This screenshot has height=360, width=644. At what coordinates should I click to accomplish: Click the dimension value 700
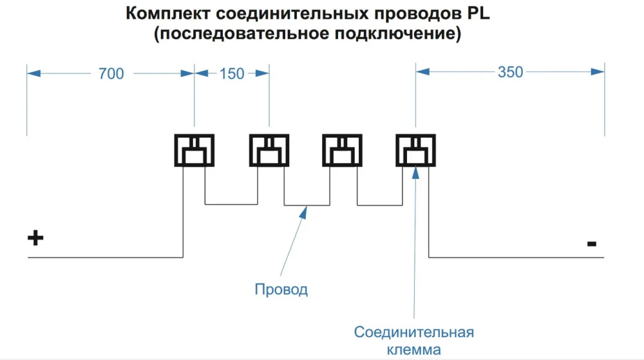click(x=111, y=73)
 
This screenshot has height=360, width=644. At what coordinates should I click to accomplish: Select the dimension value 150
click(x=232, y=73)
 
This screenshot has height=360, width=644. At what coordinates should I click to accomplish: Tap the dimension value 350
click(x=510, y=72)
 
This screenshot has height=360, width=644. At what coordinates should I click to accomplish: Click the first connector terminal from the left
click(x=194, y=150)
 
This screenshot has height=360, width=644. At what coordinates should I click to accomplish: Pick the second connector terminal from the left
click(x=269, y=150)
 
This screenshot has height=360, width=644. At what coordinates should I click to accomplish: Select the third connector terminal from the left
click(x=342, y=150)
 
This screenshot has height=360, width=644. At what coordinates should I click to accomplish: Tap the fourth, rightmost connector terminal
click(x=415, y=150)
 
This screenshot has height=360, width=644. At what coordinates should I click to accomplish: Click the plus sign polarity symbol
click(x=35, y=238)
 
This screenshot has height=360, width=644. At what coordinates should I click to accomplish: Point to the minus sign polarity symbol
click(x=591, y=244)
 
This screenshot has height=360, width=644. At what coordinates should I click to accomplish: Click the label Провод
click(x=281, y=289)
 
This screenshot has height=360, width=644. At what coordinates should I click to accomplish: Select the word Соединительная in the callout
click(x=414, y=332)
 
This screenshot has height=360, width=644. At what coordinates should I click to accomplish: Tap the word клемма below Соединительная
click(x=414, y=350)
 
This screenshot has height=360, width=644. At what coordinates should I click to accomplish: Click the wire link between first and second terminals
click(x=232, y=205)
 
